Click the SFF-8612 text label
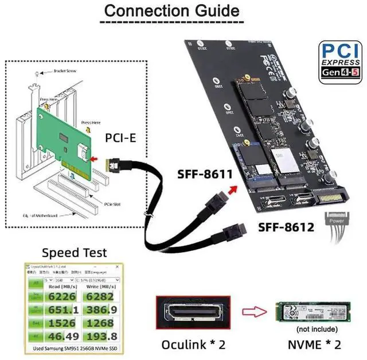[284, 227]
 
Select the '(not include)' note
[314, 330]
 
